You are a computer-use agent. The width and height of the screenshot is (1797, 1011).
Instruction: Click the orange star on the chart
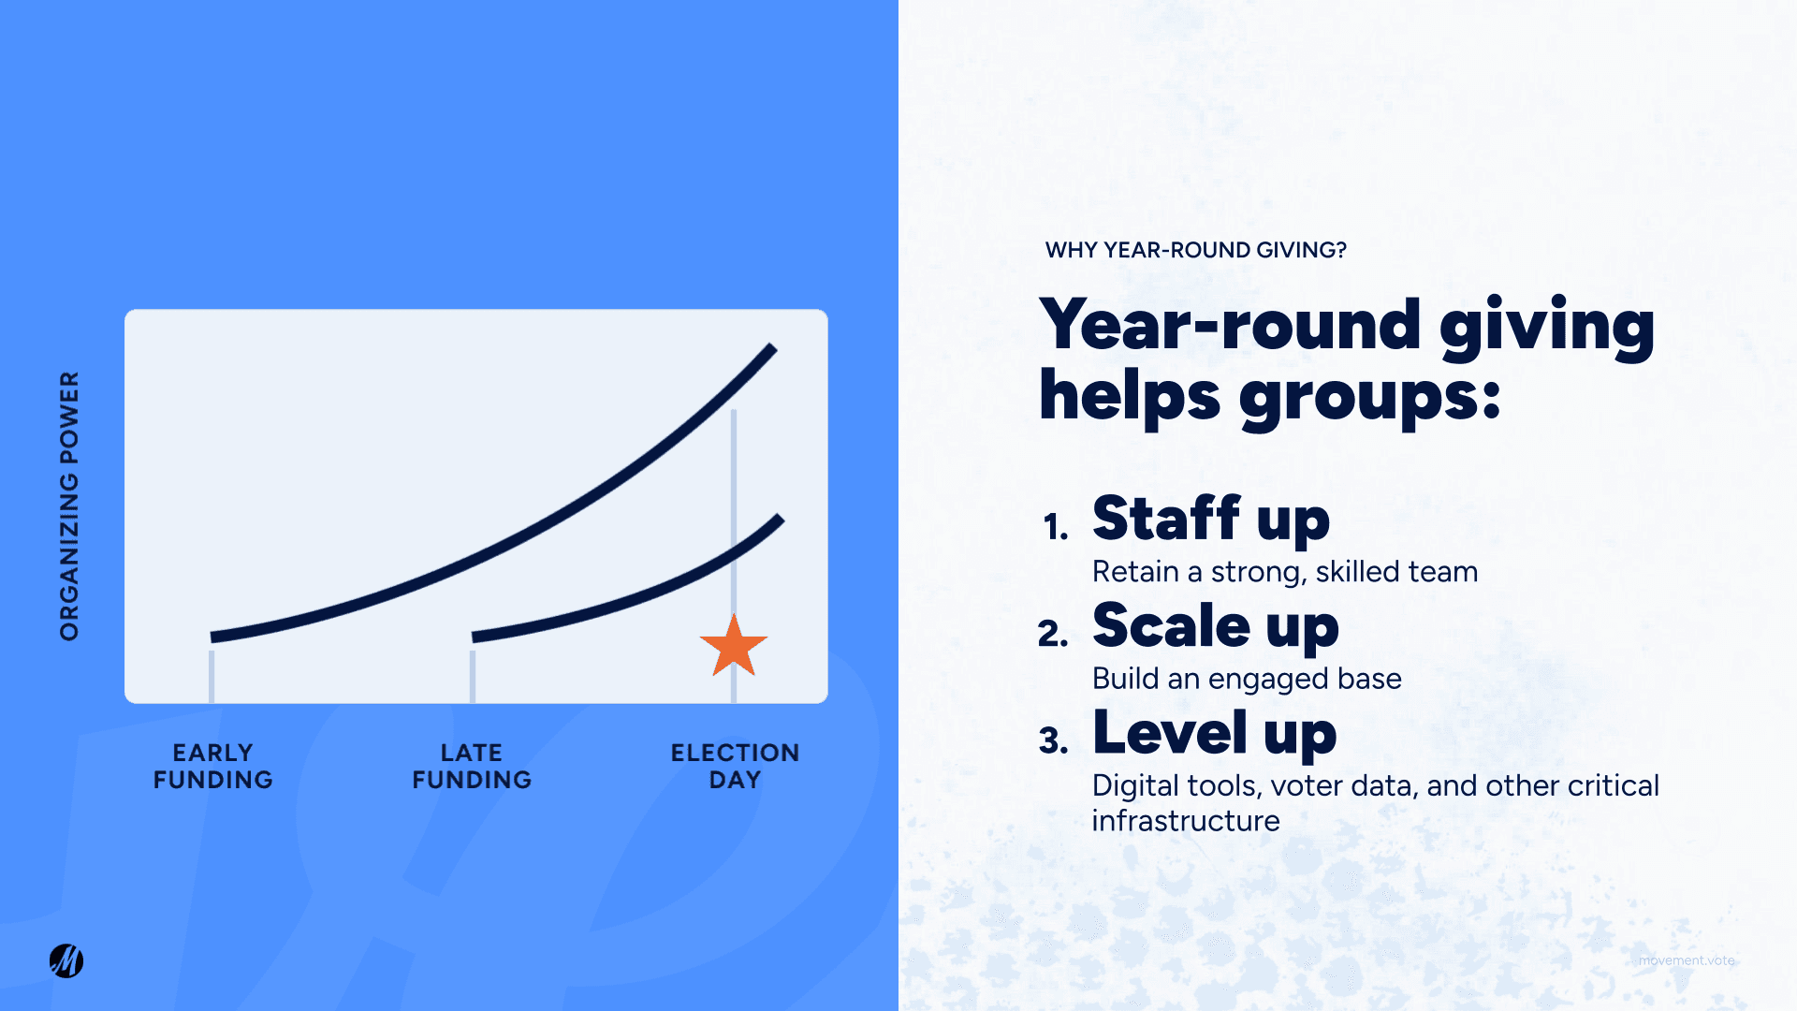tap(734, 646)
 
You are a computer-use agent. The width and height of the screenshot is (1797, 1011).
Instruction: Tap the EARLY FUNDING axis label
tap(212, 766)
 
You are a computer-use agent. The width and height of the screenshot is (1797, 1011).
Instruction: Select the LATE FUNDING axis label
tap(472, 766)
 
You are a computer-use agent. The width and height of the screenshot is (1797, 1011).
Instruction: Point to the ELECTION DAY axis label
tap(735, 766)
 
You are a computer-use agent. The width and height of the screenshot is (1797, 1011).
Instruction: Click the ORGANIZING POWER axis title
tap(69, 505)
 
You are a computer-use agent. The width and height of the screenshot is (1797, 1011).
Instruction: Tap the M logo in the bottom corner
tap(66, 960)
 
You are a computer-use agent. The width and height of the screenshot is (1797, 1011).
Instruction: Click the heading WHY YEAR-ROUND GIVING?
tap(1195, 250)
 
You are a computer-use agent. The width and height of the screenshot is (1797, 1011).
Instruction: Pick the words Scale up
tap(1215, 625)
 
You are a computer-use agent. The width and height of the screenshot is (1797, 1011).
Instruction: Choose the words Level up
tap(1214, 732)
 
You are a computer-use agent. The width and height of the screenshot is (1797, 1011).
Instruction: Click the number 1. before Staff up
tap(1056, 527)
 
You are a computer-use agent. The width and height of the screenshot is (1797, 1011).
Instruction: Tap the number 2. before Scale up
tap(1053, 635)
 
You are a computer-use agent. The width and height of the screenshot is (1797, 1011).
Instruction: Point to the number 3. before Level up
tap(1053, 741)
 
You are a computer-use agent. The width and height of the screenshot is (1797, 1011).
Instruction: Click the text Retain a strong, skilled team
tap(1284, 571)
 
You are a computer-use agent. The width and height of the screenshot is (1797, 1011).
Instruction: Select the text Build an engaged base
tap(1246, 678)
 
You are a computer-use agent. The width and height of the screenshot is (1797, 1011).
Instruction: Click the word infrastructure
tap(1185, 821)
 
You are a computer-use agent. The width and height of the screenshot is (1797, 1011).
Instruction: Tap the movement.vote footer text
tap(1686, 960)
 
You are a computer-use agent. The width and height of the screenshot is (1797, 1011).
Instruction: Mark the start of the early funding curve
tap(214, 637)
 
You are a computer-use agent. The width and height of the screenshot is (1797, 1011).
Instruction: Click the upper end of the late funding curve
tap(780, 519)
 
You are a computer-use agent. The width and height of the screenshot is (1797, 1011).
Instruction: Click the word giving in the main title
tap(1546, 326)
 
